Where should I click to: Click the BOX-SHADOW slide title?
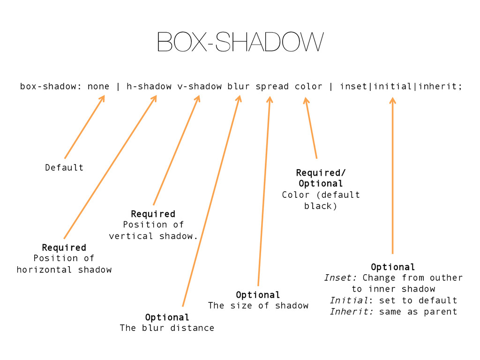point(240,42)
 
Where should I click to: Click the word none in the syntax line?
point(98,87)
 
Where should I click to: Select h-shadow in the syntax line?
point(149,87)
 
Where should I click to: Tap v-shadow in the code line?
point(199,87)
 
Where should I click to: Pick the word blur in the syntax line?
point(239,87)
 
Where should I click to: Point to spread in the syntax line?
point(272,87)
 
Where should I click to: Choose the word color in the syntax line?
point(308,87)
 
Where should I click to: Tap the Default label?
point(64,167)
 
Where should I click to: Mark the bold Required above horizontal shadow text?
point(64,247)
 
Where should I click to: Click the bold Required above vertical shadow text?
point(153,214)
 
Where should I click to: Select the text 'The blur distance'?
point(167,328)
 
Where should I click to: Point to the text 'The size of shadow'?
point(258,306)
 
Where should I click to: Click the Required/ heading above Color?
point(321,172)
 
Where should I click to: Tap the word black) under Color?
point(321,206)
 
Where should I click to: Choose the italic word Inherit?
point(352,312)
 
